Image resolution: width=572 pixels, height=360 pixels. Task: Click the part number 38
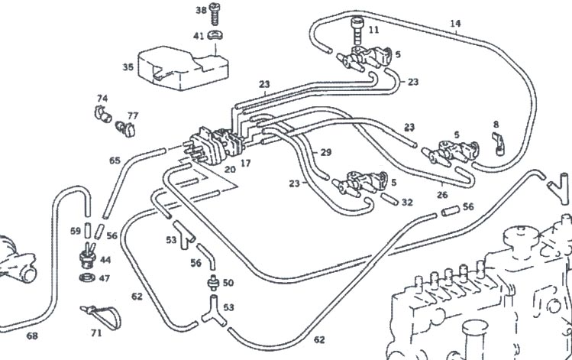pyautogui.click(x=201, y=10)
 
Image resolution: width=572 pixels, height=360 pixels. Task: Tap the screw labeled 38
pyautogui.click(x=216, y=11)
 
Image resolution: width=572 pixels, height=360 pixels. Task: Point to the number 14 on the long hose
pyautogui.click(x=455, y=24)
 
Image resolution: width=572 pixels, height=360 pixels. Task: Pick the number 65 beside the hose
pyautogui.click(x=115, y=161)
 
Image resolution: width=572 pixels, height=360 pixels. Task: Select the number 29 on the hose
pyautogui.click(x=326, y=153)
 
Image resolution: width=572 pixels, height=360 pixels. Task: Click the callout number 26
pyautogui.click(x=442, y=194)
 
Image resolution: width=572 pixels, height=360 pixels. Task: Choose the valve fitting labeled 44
pyautogui.click(x=89, y=253)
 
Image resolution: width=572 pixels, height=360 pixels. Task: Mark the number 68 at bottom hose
pyautogui.click(x=32, y=335)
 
